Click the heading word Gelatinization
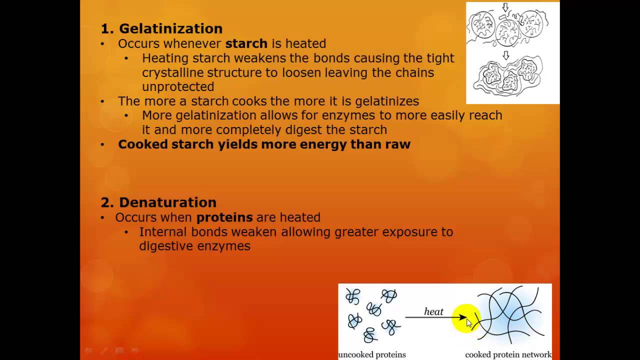170,28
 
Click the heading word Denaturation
167,202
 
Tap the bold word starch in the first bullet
246,43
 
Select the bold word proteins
224,217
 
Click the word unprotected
178,86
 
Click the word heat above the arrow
433,311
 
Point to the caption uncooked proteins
372,354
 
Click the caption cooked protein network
508,354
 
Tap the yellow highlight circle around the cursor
465,318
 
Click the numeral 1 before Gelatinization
105,28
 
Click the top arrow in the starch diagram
505,7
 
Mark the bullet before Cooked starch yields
102,144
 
